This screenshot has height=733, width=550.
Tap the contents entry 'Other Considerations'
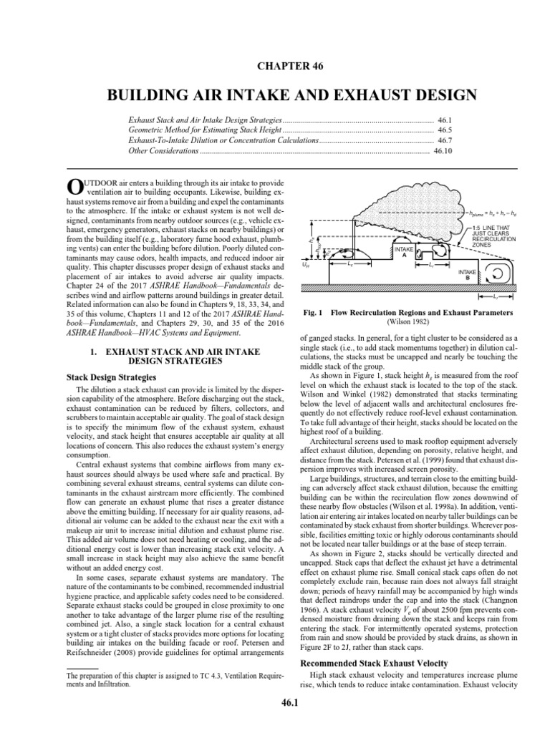pyautogui.click(x=163, y=151)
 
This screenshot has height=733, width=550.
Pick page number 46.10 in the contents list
pyautogui.click(x=444, y=151)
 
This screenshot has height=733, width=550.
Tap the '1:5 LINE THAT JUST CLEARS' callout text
pyautogui.click(x=493, y=230)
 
